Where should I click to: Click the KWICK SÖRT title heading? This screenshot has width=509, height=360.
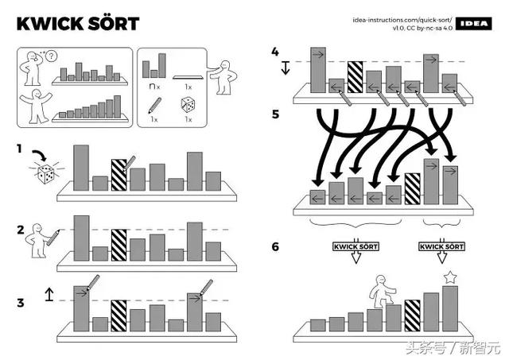78,24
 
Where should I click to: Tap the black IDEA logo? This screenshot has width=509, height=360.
474,24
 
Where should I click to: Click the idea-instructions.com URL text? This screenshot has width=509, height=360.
402,20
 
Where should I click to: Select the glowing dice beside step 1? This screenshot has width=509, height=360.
46,173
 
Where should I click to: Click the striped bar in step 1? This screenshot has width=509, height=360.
119,175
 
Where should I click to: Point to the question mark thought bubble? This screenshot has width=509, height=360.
51,56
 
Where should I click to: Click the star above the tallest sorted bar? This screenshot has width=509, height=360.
450,277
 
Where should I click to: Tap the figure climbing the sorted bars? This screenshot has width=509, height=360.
382,292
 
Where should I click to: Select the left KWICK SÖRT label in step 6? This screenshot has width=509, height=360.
356,246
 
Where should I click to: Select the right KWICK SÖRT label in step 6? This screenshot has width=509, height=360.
441,246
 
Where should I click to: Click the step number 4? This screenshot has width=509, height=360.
275,52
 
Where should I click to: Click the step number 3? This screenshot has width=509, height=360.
21,303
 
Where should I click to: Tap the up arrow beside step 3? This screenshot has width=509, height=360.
49,294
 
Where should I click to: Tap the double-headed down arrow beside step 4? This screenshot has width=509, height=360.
286,68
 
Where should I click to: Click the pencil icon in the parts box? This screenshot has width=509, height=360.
154,106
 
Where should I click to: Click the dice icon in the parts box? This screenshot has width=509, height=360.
188,105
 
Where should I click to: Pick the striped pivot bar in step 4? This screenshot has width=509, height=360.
356,77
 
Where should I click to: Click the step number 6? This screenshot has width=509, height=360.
275,247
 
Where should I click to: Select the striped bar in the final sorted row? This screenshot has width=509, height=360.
413,315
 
